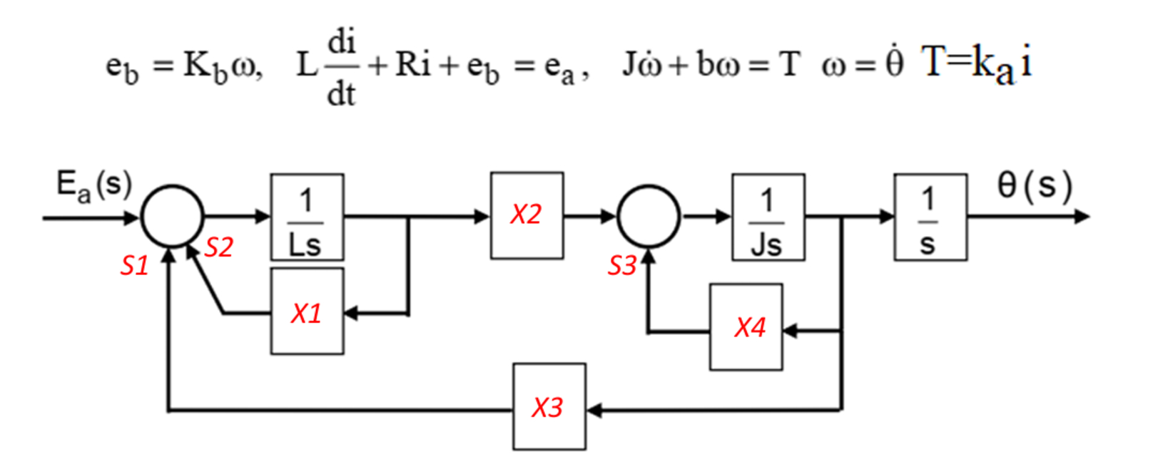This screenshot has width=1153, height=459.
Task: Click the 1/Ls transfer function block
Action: pos(307,217)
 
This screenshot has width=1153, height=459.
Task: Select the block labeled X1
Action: pos(307,311)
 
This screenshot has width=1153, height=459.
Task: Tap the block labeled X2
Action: pos(527,215)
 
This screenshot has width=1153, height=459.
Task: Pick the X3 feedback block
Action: pos(549,406)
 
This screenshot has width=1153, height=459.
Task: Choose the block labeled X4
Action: pos(746,326)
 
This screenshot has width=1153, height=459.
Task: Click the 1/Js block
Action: pos(768,217)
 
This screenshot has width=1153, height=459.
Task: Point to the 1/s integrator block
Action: pos(930,217)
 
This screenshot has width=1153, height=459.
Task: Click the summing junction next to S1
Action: pos(172,216)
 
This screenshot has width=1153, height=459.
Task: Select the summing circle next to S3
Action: pos(648,216)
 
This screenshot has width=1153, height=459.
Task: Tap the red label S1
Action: pos(134,266)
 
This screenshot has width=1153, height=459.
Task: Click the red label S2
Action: pos(218,247)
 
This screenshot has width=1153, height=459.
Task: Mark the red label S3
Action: pos(621,266)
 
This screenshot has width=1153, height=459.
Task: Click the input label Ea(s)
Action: pos(93,185)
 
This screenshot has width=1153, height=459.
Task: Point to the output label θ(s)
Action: pos(1034,185)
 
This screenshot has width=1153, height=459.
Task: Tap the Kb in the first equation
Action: pos(204,66)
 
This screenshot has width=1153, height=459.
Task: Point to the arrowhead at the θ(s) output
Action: pos(1082,216)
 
